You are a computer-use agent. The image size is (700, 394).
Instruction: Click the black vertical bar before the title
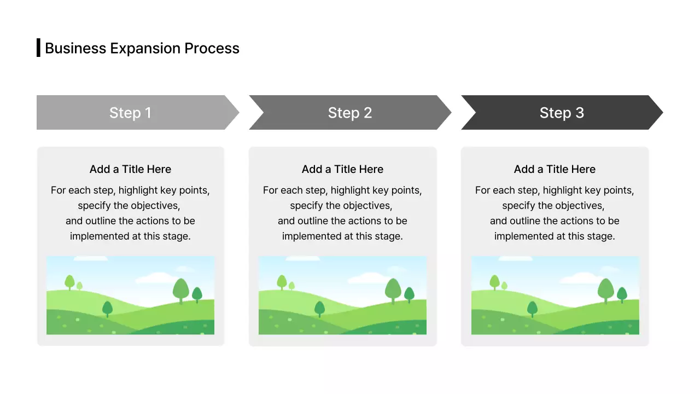pyautogui.click(x=38, y=48)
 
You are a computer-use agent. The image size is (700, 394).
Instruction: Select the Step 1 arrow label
pyautogui.click(x=130, y=113)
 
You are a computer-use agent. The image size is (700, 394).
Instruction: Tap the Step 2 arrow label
pyautogui.click(x=350, y=113)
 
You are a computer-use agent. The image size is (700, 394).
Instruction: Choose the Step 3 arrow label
pyautogui.click(x=562, y=113)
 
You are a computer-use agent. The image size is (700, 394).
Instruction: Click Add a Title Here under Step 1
pyautogui.click(x=130, y=169)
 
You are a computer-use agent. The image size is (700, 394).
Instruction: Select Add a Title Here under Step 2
pyautogui.click(x=342, y=169)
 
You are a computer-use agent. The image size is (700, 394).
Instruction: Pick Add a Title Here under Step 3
pyautogui.click(x=555, y=169)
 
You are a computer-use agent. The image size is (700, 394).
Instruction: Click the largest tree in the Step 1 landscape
pyautogui.click(x=181, y=289)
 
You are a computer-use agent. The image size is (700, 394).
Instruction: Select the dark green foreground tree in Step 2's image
pyautogui.click(x=319, y=308)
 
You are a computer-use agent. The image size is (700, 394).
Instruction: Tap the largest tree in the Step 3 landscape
pyautogui.click(x=605, y=289)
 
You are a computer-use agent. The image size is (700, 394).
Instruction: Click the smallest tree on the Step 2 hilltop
pyautogui.click(x=291, y=286)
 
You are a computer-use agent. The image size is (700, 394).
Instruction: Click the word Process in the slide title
pyautogui.click(x=212, y=48)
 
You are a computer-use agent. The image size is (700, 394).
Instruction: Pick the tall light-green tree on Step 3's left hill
pyautogui.click(x=494, y=281)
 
